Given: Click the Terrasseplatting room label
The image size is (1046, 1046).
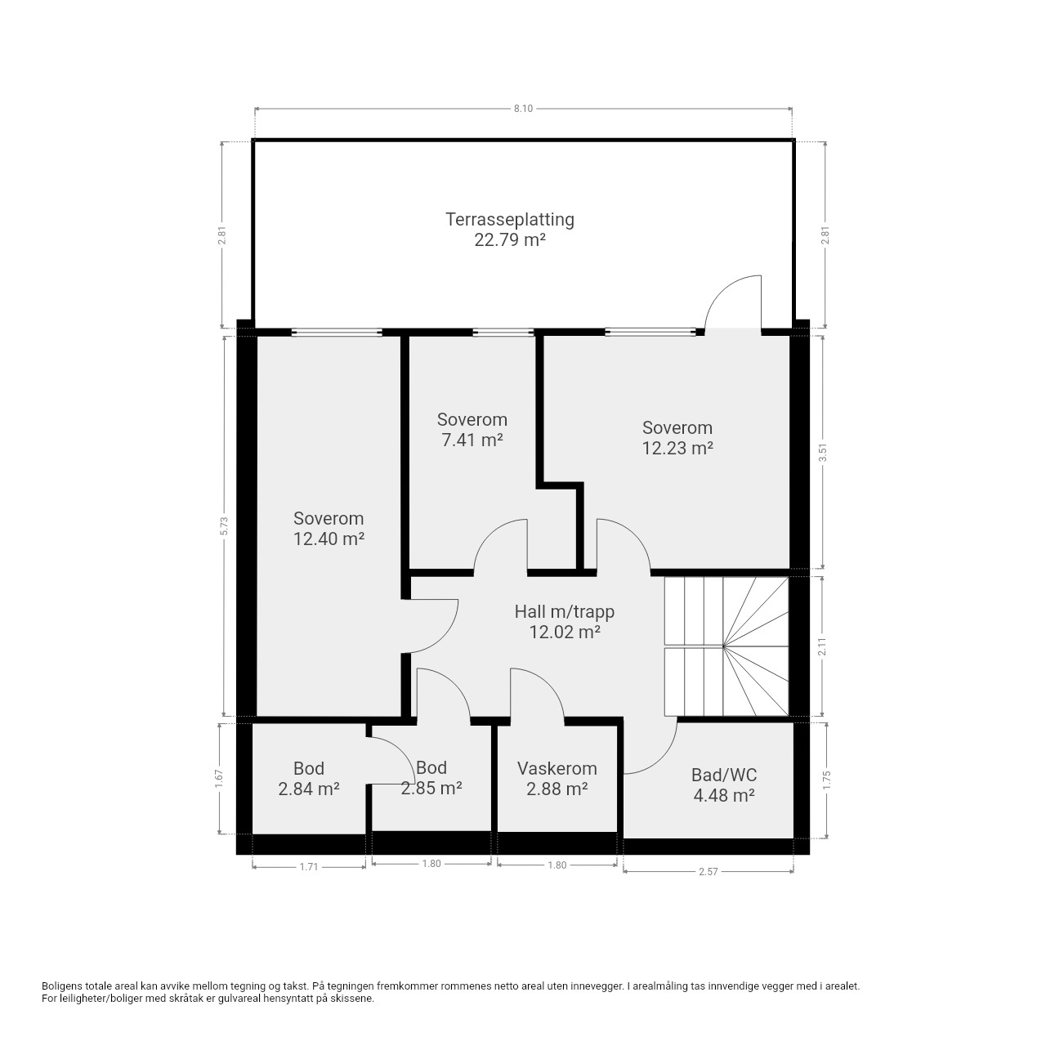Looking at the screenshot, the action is coord(510,219).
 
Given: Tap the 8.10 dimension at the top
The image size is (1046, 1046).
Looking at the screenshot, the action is coord(523,109).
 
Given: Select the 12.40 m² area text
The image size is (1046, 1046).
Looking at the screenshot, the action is coord(329,539).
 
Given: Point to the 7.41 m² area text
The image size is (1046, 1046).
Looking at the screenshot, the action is coord(472,440).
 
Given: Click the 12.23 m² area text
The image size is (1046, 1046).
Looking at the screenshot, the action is coord(677,449).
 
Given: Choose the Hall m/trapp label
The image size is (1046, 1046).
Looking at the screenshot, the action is coord(565,612).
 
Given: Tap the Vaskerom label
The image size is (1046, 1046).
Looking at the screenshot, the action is coord(557,769).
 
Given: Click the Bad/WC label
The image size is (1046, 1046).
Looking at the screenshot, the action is coord(724,776).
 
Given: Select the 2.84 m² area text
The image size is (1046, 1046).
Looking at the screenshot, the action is coord(309,789).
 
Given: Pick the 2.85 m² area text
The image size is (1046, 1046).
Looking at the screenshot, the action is coord(431,788).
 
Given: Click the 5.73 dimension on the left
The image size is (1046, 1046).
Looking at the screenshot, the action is coord(225,525).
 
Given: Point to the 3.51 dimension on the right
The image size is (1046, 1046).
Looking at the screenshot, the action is coord(824,452).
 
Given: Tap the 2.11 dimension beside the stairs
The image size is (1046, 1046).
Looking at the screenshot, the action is coord(824,646).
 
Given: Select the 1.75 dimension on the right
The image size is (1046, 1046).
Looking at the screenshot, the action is coord(827,780).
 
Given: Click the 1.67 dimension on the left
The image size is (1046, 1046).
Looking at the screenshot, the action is coord(219,779).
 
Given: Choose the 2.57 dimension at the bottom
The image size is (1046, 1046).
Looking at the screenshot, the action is coord(709,872).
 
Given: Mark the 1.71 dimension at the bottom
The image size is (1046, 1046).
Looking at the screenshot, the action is coord(309,867).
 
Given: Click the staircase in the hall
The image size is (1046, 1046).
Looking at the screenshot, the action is coord(726,646).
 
